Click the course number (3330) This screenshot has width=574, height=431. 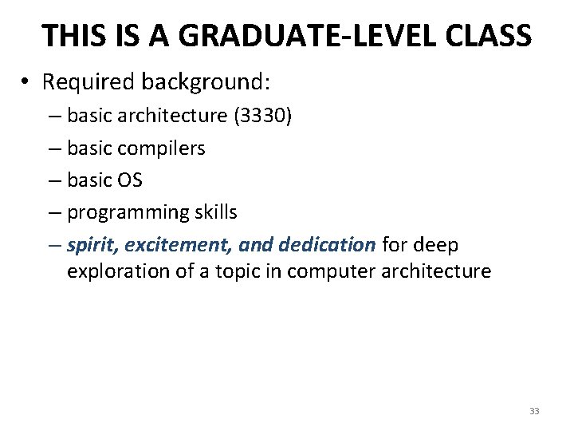[x=262, y=117]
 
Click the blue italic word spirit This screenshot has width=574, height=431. [x=91, y=244]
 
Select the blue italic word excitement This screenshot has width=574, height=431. [x=169, y=244]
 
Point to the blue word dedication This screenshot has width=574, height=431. [x=327, y=244]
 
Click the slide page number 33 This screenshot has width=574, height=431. [x=534, y=411]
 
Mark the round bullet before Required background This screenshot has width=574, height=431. [x=26, y=82]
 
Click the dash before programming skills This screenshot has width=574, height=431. [x=53, y=212]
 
